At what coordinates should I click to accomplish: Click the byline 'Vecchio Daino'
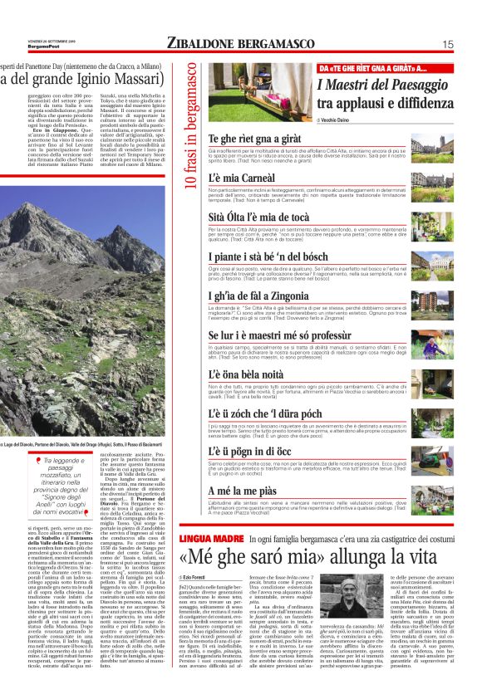coord(339,120)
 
